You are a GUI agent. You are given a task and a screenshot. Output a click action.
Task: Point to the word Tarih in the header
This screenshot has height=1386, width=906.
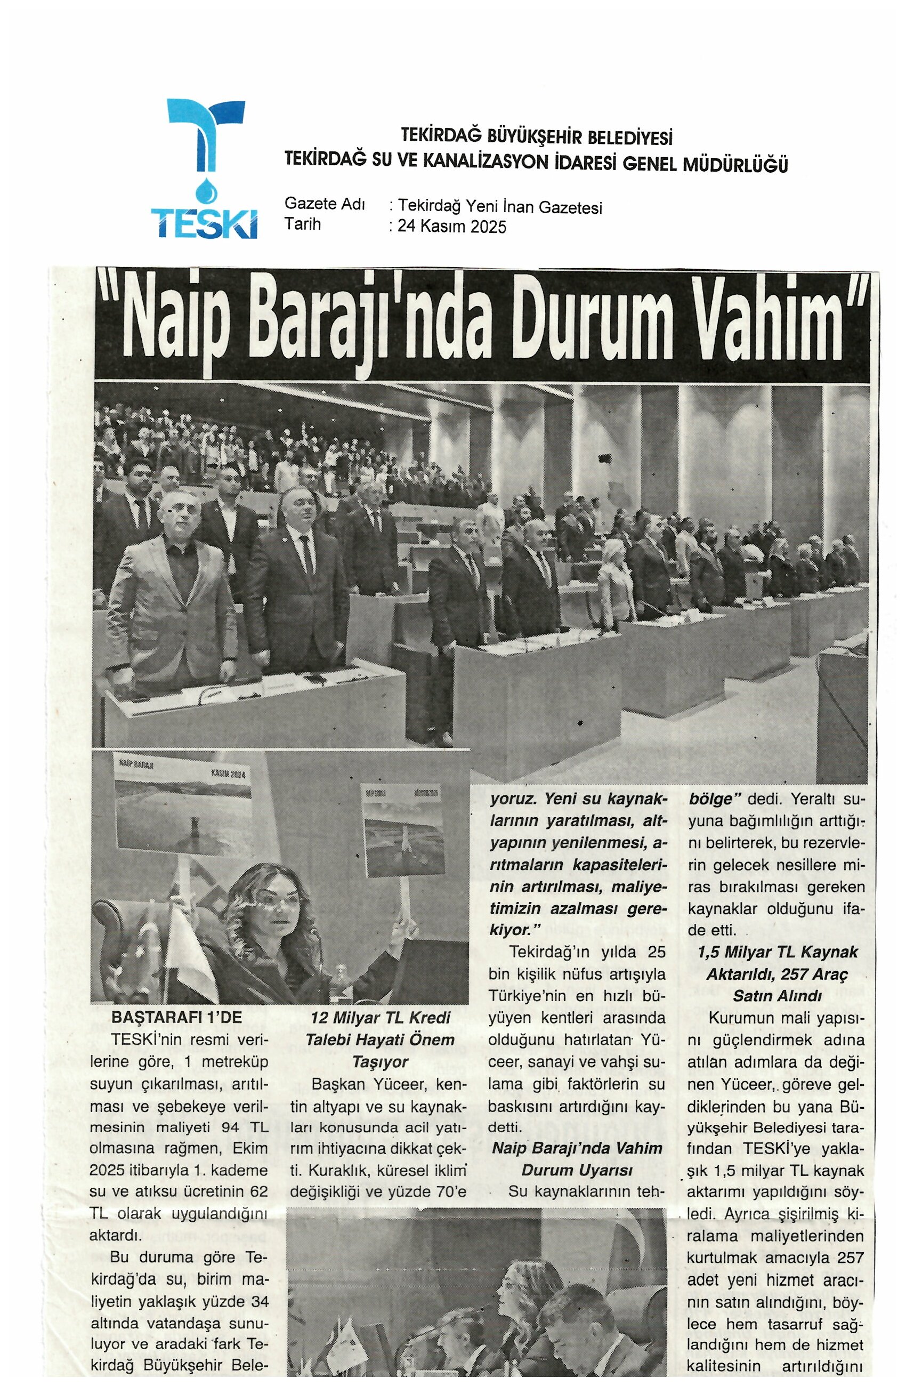pos(302,224)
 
